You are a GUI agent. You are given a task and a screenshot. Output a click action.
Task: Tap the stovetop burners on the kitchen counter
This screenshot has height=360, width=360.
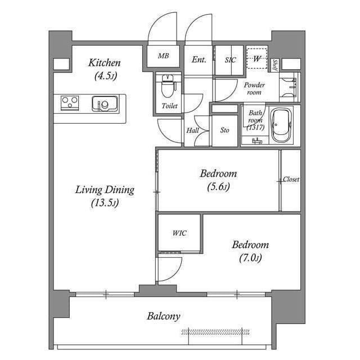point(70,103)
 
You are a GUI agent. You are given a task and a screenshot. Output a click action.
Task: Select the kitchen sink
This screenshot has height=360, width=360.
point(104,104)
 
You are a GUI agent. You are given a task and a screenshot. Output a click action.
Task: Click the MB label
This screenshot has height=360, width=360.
point(163,56)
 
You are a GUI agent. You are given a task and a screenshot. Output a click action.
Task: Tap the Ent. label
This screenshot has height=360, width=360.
point(199,59)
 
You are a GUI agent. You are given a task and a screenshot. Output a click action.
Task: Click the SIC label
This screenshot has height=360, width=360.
point(230,59)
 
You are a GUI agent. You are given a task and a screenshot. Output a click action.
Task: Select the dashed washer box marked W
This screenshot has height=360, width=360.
point(256,58)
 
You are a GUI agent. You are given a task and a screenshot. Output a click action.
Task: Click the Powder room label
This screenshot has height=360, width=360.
point(254,88)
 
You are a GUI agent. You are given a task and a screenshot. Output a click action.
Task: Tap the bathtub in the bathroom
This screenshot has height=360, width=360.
point(281,125)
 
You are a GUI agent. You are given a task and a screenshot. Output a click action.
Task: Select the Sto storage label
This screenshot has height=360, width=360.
point(224,130)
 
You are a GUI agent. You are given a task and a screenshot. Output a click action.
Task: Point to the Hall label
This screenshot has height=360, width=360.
point(192,130)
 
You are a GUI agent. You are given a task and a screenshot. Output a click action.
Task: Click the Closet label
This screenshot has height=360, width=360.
point(291,180)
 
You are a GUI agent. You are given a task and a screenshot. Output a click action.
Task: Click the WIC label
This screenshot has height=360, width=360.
point(179,233)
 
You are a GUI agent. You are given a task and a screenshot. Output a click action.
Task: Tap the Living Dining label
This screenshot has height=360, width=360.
point(105,196)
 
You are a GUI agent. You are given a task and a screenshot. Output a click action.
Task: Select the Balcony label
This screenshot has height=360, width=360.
point(164,316)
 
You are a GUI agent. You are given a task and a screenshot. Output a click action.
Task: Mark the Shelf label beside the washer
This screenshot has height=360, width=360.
point(274,66)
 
